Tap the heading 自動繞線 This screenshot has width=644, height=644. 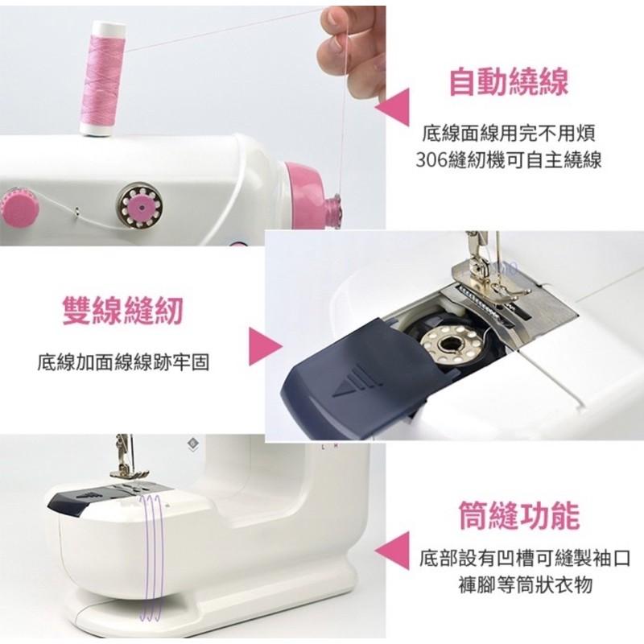(x=508, y=82)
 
